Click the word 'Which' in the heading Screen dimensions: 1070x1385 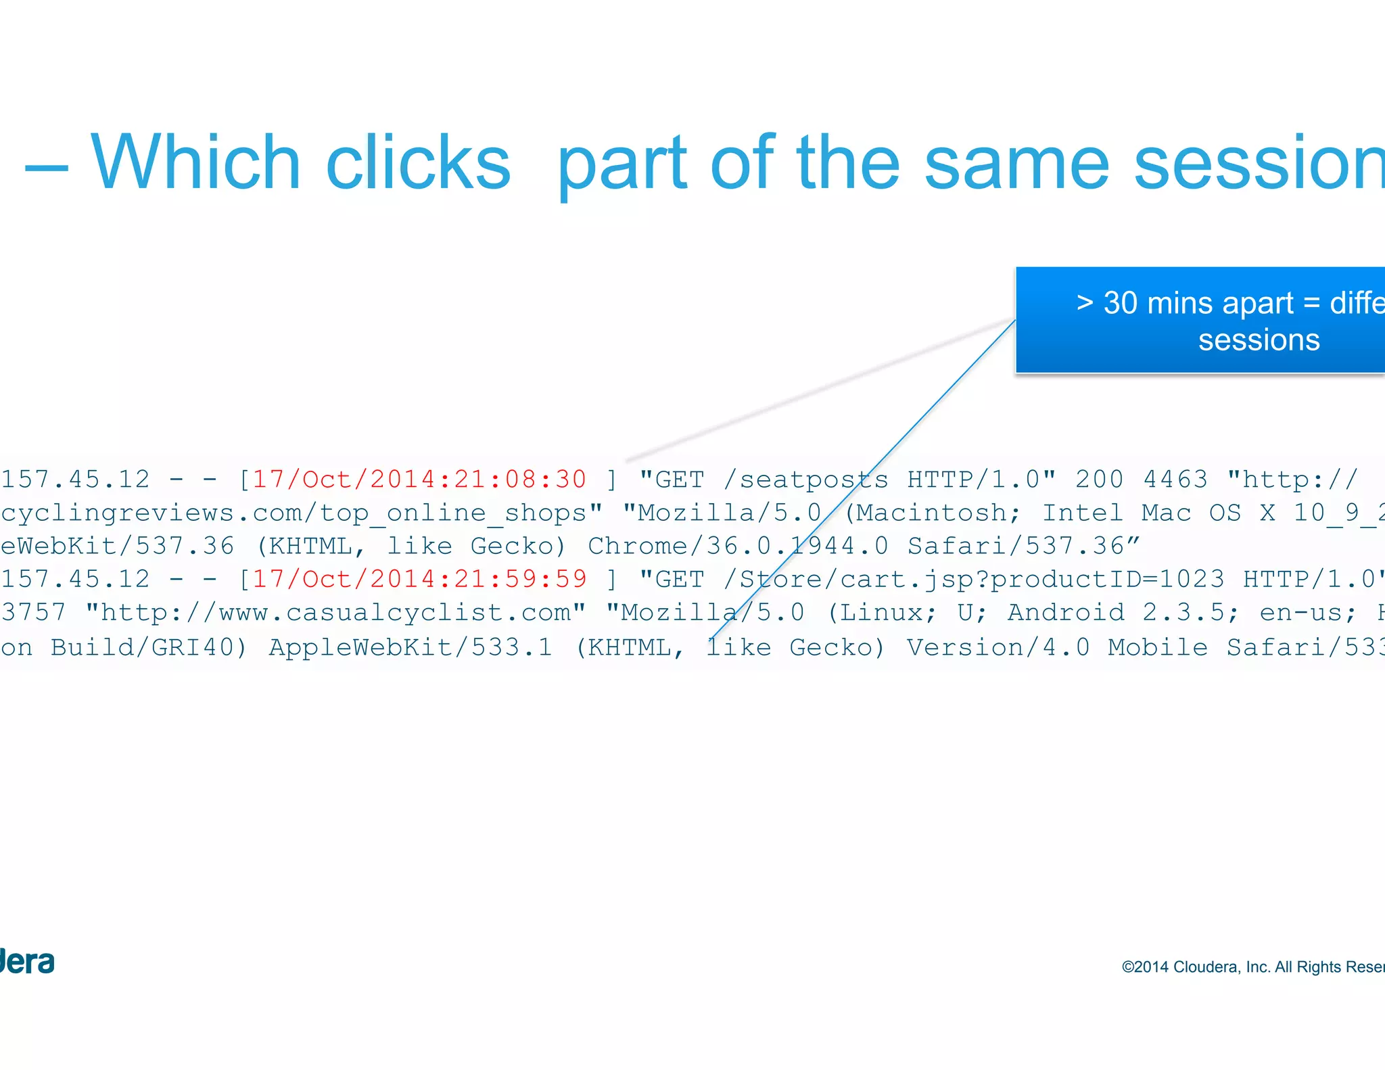[x=195, y=163]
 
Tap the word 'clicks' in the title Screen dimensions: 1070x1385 [x=418, y=163]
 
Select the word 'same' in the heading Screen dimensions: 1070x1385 [x=1017, y=164]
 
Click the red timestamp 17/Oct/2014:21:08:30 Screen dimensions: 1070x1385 [x=419, y=480]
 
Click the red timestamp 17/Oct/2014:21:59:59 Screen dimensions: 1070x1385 [x=419, y=579]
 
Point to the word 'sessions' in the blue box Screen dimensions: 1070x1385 [x=1259, y=340]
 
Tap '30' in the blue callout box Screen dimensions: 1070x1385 [x=1121, y=303]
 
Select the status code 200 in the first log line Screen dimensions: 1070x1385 [x=1100, y=480]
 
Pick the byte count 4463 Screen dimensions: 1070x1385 [x=1175, y=480]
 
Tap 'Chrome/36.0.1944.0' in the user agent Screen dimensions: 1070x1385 [x=738, y=546]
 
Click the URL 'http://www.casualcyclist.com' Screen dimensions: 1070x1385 [x=335, y=613]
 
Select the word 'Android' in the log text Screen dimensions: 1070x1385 [x=1065, y=613]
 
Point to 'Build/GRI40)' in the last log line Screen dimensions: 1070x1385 [x=149, y=647]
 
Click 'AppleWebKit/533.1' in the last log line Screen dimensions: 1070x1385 [x=410, y=647]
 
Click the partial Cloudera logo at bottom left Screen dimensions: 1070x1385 [x=27, y=962]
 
